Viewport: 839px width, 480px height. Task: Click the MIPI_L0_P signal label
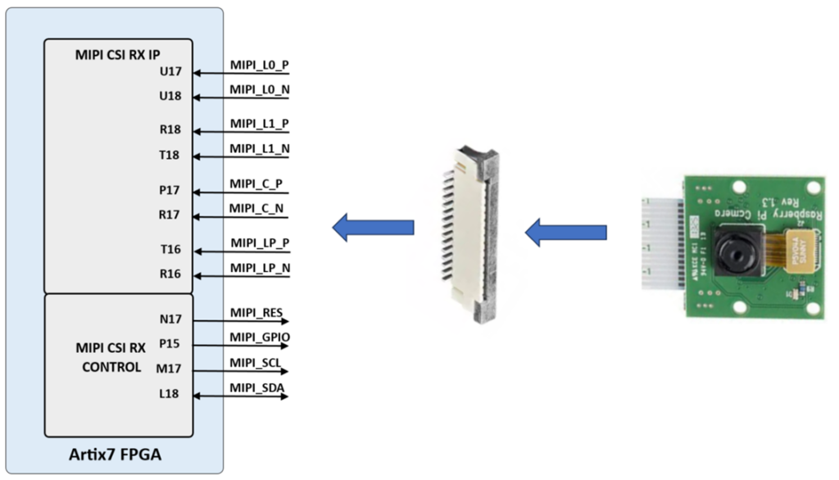pos(259,65)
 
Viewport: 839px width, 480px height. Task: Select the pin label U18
pos(170,96)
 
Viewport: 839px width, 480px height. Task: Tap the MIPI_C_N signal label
pos(256,209)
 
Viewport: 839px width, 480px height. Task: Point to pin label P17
pos(170,190)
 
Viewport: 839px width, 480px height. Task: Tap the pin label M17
pos(170,369)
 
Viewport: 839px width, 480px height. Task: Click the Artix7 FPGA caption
pos(114,454)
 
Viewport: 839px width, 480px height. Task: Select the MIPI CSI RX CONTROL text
pos(111,357)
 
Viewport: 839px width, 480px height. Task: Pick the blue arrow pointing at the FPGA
pos(373,227)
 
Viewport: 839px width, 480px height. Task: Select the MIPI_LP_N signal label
pos(260,268)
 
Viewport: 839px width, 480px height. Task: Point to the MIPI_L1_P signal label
pos(259,124)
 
